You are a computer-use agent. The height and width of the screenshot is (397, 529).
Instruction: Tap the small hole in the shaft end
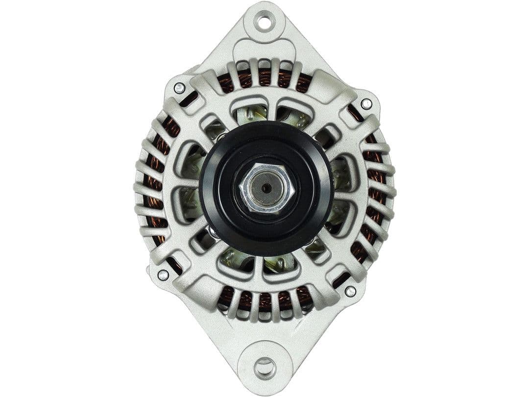pyautogui.click(x=265, y=188)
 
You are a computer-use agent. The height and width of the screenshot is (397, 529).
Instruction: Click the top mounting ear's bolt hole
pyautogui.click(x=264, y=22)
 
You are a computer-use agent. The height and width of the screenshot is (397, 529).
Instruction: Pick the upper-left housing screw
pyautogui.click(x=179, y=88)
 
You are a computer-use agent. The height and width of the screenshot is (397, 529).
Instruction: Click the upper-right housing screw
pyautogui.click(x=366, y=103)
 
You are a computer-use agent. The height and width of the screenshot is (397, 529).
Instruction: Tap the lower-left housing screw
pyautogui.click(x=163, y=275)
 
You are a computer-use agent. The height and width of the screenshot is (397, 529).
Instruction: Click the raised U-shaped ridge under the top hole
pyautogui.click(x=264, y=47)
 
